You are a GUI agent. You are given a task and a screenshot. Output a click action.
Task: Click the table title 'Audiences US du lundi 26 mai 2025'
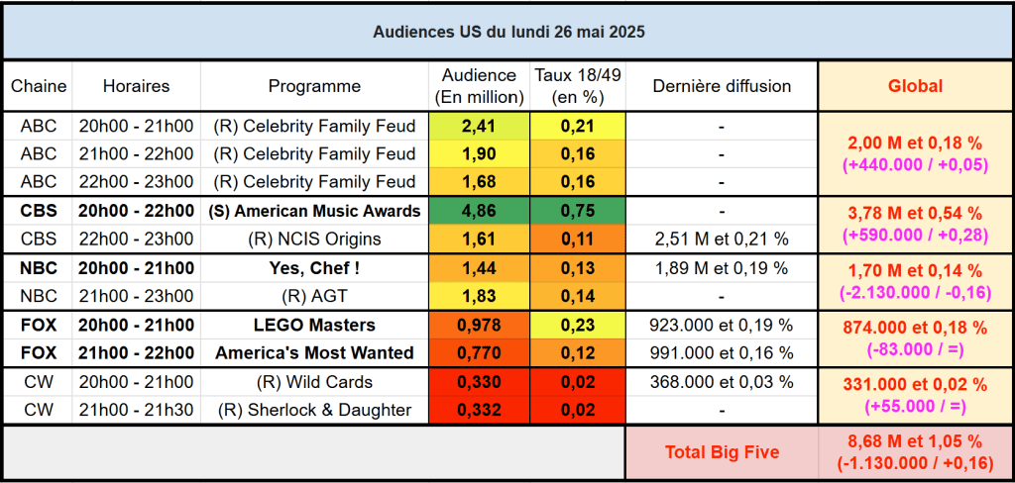pyautogui.click(x=508, y=32)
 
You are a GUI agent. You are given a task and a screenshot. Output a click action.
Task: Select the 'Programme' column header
pyautogui.click(x=314, y=86)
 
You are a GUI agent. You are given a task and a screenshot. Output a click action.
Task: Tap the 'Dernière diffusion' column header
pyautogui.click(x=722, y=86)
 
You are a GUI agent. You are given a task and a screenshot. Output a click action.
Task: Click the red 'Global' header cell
pyautogui.click(x=915, y=86)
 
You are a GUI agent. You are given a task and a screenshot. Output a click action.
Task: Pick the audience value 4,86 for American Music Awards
pyautogui.click(x=480, y=211)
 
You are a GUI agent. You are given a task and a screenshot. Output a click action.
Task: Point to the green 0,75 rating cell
pyautogui.click(x=577, y=211)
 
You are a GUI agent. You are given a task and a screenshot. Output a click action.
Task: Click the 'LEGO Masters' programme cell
pyautogui.click(x=314, y=325)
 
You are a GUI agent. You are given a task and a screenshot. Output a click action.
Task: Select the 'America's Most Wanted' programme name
pyautogui.click(x=314, y=353)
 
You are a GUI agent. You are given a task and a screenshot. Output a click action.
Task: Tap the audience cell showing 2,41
pyautogui.click(x=480, y=126)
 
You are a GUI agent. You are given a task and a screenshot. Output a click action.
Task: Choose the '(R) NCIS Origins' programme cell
pyautogui.click(x=314, y=239)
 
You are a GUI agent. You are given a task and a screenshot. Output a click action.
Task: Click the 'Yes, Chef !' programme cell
pyautogui.click(x=314, y=267)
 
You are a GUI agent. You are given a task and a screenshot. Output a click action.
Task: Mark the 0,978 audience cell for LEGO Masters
pyautogui.click(x=480, y=325)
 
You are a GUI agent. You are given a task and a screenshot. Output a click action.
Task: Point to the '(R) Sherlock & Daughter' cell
pyautogui.click(x=314, y=410)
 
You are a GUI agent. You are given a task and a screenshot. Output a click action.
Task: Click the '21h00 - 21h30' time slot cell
pyautogui.click(x=136, y=410)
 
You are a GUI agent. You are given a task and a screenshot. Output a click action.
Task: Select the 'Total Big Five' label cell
pyautogui.click(x=722, y=452)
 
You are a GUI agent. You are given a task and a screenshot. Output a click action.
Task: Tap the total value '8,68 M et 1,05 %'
pyautogui.click(x=915, y=442)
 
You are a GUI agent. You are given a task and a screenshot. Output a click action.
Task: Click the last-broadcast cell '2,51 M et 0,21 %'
pyautogui.click(x=722, y=239)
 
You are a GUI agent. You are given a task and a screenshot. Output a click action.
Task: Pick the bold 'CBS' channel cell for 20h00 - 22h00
pyautogui.click(x=39, y=211)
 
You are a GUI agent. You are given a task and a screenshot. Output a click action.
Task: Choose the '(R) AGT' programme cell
pyautogui.click(x=314, y=296)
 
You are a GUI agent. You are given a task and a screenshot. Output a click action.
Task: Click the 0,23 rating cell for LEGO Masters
pyautogui.click(x=577, y=325)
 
